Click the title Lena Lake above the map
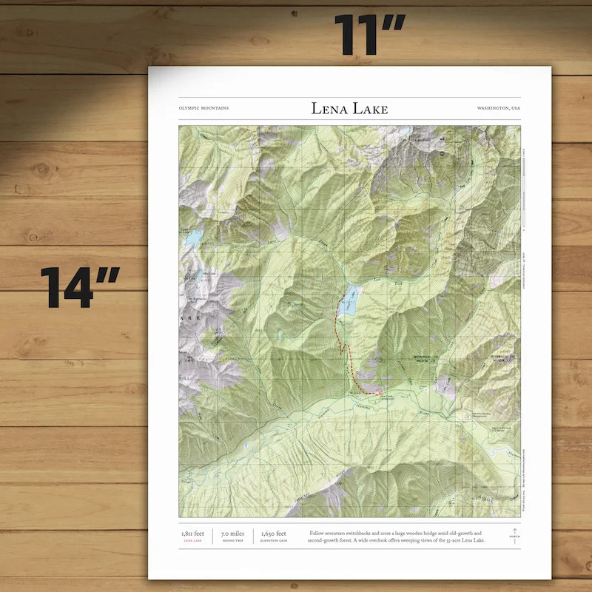[349, 109]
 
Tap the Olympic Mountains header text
[203, 108]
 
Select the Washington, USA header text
[499, 108]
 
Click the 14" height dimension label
[81, 288]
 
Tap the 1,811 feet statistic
[192, 533]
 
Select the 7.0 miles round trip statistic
[232, 533]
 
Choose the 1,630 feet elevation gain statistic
[273, 533]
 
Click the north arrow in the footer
[514, 535]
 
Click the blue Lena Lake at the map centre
[349, 300]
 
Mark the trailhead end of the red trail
[380, 393]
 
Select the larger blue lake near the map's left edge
[193, 238]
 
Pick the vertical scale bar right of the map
[524, 189]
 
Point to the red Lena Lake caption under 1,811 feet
[192, 541]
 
